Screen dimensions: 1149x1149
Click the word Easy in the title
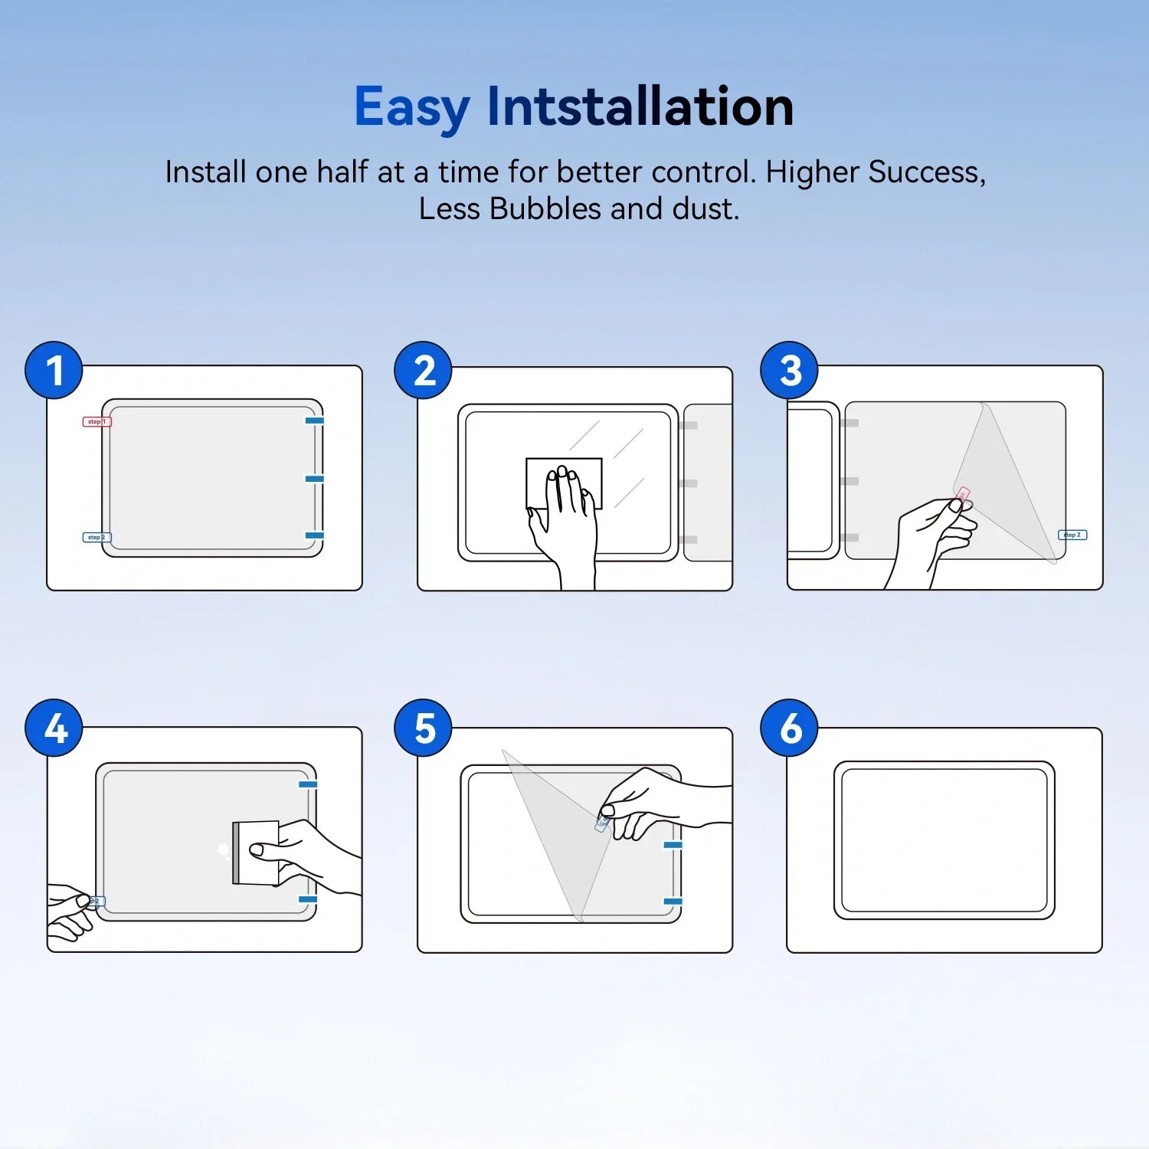(x=411, y=107)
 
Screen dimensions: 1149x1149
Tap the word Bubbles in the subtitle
(x=545, y=209)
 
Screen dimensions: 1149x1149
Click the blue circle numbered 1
(x=54, y=371)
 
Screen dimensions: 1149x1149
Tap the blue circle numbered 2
(x=424, y=371)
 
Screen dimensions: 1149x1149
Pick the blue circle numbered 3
(x=790, y=371)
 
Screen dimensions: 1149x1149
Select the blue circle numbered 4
(x=54, y=728)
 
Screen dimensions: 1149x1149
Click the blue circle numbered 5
(x=424, y=728)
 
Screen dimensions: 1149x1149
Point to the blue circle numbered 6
(x=790, y=728)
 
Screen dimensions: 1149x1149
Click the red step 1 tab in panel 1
(x=97, y=421)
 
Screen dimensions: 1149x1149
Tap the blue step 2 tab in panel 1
(x=97, y=537)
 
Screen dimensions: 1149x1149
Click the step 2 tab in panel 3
(x=1072, y=535)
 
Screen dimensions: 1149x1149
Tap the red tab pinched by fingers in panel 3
(x=963, y=495)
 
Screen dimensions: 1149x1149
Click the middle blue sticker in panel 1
(x=314, y=479)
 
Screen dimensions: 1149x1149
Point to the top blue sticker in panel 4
(x=308, y=784)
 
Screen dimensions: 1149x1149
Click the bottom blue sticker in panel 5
(x=673, y=902)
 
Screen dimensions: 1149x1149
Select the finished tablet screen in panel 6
(x=944, y=840)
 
